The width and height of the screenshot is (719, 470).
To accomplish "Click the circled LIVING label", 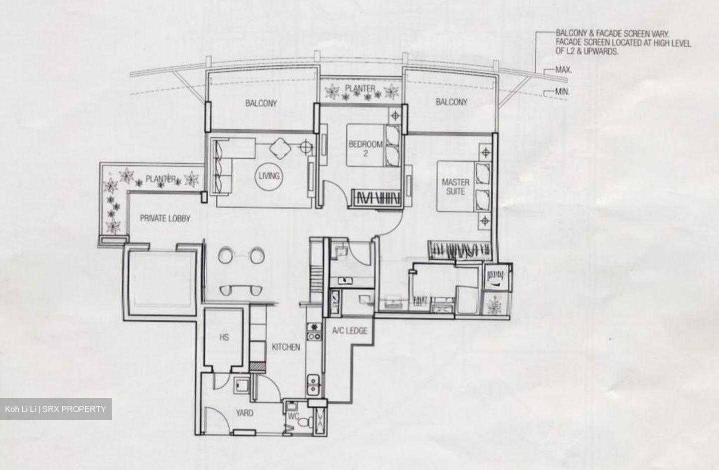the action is [269, 176].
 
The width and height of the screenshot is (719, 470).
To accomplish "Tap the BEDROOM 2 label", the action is [365, 148].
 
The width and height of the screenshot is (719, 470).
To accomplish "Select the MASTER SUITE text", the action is [455, 187].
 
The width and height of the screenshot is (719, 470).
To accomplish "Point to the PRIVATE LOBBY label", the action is [165, 218].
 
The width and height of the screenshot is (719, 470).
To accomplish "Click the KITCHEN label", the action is [286, 347].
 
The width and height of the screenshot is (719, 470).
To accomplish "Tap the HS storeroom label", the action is [224, 337].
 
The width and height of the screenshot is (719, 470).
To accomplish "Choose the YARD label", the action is [245, 413].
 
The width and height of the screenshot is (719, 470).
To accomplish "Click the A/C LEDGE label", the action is [350, 331].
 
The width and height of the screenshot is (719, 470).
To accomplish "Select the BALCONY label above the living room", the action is [261, 103].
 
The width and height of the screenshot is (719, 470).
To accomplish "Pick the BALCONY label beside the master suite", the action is [451, 102].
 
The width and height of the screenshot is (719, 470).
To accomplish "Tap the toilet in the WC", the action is [306, 421].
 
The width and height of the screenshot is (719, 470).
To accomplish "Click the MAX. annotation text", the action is [564, 69].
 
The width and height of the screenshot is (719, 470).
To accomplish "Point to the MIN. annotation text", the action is [562, 91].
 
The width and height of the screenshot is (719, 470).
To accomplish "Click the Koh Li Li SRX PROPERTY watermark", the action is [55, 409].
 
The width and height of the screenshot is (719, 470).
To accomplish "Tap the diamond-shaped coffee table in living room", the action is [280, 148].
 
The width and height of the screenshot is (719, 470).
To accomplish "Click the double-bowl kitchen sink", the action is [313, 385].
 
